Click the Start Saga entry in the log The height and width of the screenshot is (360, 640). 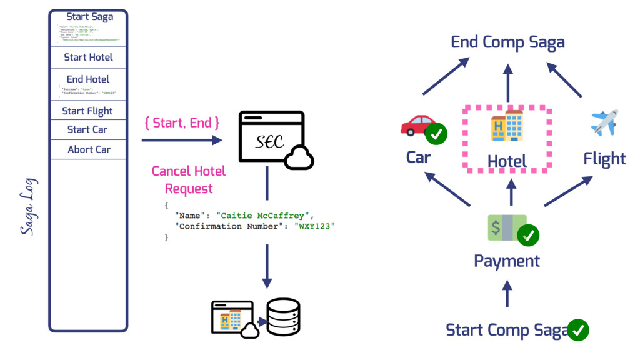click(89, 17)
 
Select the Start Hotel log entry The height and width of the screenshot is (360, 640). click(88, 57)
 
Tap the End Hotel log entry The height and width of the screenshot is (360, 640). click(88, 79)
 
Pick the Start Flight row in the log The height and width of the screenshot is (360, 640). click(87, 111)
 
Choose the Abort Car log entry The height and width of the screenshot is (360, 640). click(89, 150)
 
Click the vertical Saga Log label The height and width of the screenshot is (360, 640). click(28, 207)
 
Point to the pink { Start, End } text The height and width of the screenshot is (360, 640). click(182, 122)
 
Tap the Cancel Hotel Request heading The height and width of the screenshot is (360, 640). click(189, 179)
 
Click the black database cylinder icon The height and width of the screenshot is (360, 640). click(283, 317)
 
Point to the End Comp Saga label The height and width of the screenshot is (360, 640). click(507, 42)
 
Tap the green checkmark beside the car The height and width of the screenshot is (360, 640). click(436, 134)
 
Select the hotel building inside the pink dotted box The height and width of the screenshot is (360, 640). click(507, 125)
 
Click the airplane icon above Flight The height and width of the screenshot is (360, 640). click(604, 122)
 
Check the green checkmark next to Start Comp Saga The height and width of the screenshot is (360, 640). click(578, 329)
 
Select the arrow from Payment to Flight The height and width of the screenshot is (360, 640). click(567, 191)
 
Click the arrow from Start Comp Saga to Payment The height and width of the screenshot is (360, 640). click(507, 293)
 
